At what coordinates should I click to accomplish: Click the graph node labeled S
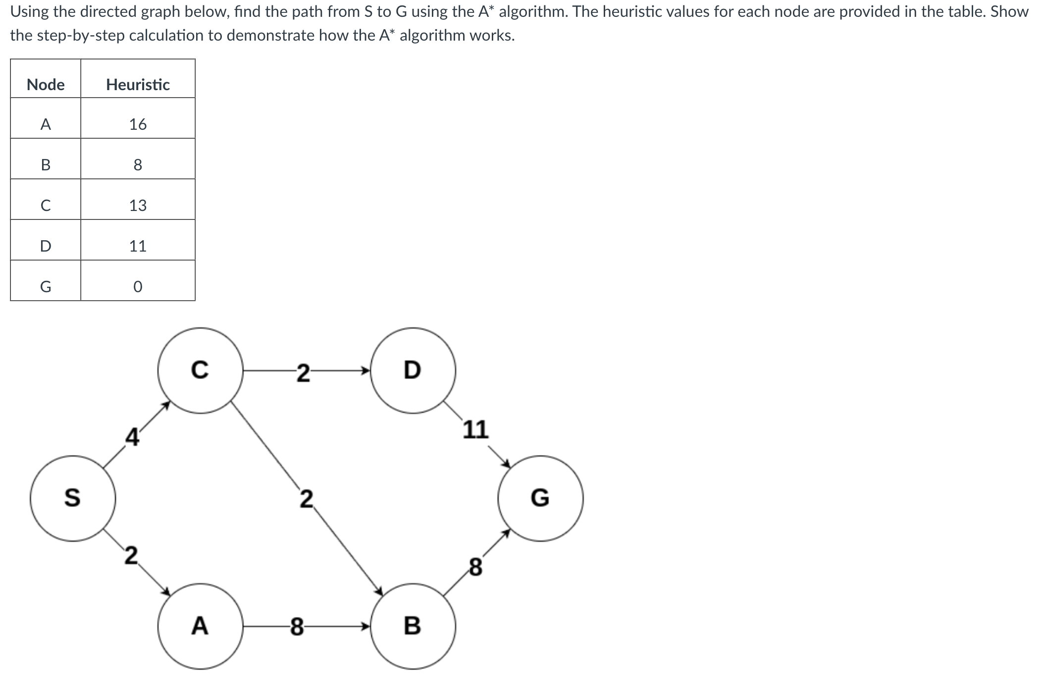73,498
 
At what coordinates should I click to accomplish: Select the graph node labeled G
540,498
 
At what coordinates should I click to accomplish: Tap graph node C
200,370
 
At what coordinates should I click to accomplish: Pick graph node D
413,370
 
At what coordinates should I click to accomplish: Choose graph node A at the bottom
200,626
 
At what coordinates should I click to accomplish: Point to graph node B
413,626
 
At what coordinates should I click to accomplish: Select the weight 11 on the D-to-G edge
476,429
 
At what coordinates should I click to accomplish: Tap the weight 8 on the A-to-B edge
297,626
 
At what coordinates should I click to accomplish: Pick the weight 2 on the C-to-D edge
303,373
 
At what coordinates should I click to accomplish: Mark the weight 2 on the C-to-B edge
307,499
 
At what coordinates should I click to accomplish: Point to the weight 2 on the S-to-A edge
131,556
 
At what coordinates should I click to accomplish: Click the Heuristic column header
138,85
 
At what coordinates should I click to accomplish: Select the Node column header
46,85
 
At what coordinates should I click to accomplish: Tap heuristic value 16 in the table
138,124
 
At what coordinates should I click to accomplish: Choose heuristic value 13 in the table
138,205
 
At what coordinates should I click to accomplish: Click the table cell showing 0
138,287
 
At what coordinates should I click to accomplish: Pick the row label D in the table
46,246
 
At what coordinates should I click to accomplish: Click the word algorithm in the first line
529,11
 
